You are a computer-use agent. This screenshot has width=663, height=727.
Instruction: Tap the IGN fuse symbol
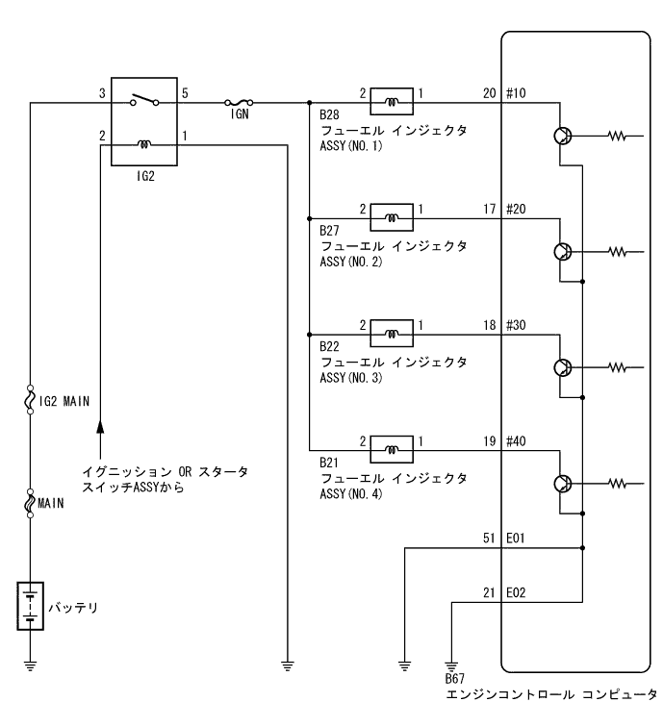click(239, 100)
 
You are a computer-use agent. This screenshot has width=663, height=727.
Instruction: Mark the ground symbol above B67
click(450, 664)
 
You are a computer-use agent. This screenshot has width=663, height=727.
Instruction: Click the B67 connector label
click(454, 680)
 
